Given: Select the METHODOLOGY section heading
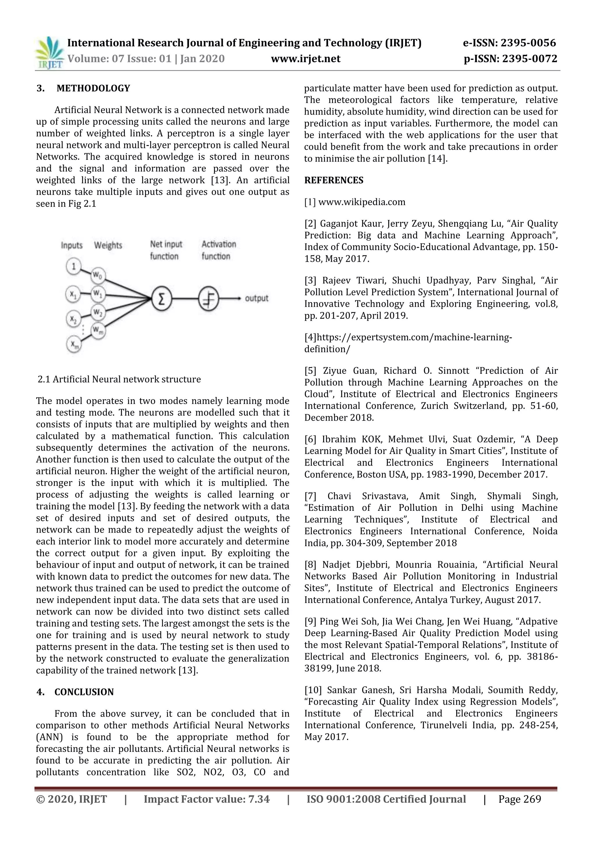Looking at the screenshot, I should (x=93, y=88).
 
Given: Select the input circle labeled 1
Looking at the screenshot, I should (x=74, y=266).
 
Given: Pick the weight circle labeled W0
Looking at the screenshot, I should (x=98, y=275).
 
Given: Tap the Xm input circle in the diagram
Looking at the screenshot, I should (x=74, y=344).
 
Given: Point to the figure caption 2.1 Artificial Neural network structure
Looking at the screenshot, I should (x=119, y=379).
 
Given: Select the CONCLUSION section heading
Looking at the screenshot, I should (x=84, y=692).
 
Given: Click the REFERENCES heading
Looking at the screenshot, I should (x=334, y=180).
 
